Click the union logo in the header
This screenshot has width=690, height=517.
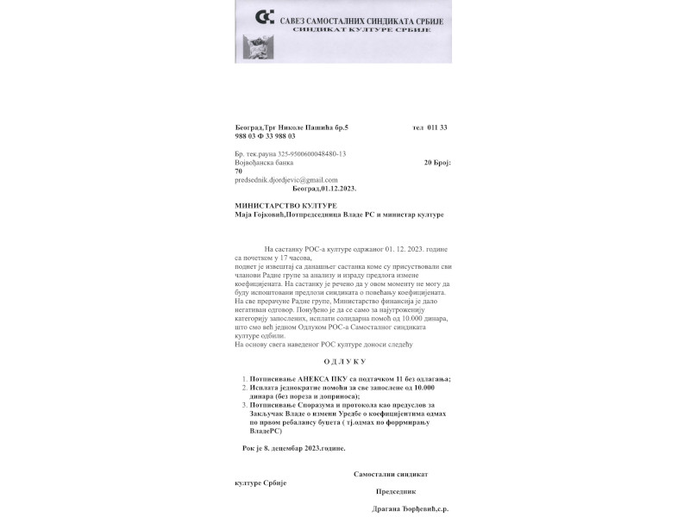pos(265,18)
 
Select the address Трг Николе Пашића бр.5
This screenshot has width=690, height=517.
pos(310,128)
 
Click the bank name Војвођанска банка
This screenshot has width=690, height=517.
pos(263,162)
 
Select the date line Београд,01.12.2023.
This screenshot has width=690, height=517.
pos(324,188)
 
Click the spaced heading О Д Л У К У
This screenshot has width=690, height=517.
pos(345,362)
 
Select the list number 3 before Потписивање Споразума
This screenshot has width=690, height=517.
pos(244,405)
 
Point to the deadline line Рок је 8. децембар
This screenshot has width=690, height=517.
pos(294,448)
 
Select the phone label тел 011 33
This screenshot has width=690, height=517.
pos(430,128)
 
